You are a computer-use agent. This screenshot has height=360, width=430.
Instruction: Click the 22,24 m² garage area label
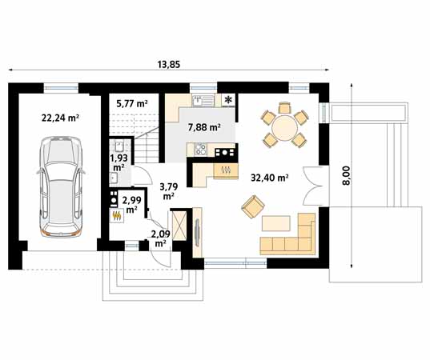(x=60, y=118)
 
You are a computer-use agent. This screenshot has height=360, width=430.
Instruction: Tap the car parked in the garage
(x=61, y=187)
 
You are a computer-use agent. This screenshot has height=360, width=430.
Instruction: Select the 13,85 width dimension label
(x=169, y=64)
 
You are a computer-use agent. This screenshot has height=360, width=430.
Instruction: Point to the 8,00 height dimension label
(x=347, y=176)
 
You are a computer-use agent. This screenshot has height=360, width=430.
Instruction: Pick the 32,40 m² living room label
(x=270, y=178)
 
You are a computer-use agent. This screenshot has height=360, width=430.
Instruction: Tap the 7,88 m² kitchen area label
(x=204, y=127)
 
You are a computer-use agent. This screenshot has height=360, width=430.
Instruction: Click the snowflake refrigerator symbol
(x=228, y=100)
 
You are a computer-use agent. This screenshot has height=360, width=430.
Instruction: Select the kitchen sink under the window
(x=203, y=100)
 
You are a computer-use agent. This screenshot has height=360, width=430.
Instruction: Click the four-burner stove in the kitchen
(x=200, y=150)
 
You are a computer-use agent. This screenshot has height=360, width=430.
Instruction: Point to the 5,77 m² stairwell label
(x=132, y=103)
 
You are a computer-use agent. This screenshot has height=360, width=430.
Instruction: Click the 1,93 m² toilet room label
(x=119, y=162)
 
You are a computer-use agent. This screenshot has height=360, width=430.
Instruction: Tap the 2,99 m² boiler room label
(x=131, y=205)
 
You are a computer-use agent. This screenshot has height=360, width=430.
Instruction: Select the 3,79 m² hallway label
(x=169, y=191)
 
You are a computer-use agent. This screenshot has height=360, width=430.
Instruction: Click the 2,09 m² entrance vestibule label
(x=160, y=238)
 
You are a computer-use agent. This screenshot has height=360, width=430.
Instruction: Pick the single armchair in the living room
(x=253, y=206)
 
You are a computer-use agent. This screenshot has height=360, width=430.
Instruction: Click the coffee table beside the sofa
(x=276, y=223)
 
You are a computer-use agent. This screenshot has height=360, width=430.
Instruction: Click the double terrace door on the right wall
(x=312, y=186)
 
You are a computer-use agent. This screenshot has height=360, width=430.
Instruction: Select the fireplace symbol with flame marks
(x=226, y=170)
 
